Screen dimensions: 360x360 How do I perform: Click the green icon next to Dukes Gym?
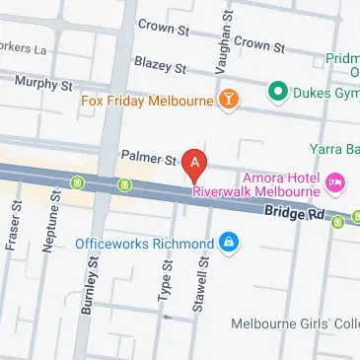click(x=278, y=96)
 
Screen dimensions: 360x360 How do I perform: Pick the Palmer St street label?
click(x=147, y=157)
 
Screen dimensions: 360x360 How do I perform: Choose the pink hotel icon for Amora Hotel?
click(x=334, y=180)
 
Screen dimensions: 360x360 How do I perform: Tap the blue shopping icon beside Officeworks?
click(x=230, y=242)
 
